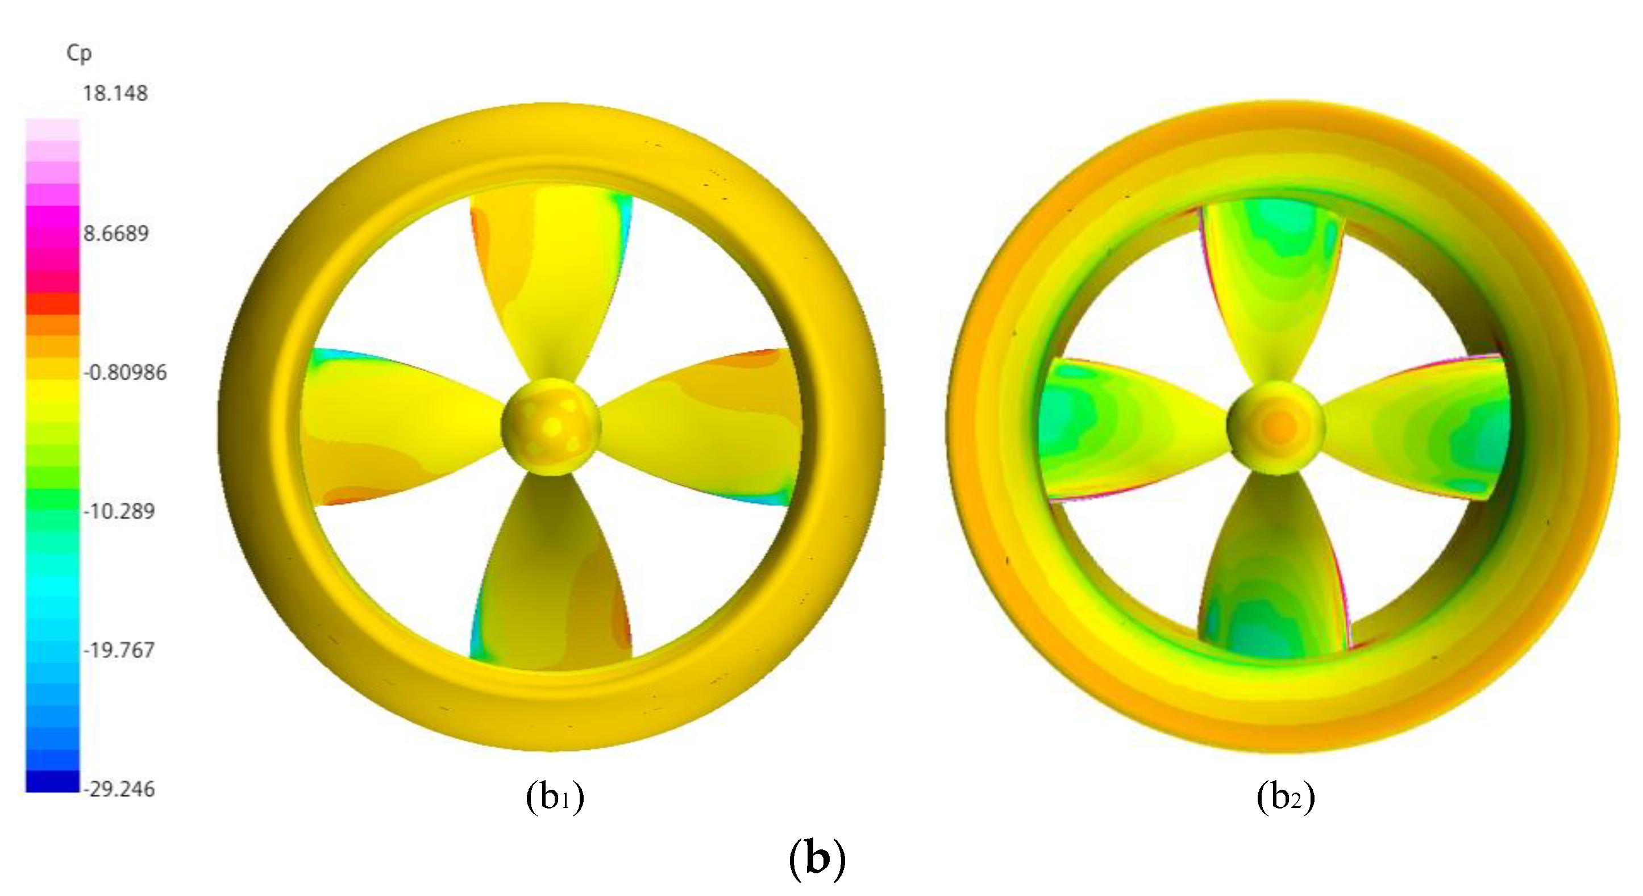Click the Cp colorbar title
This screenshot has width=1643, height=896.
79,53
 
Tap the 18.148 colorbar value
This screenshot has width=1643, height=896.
115,94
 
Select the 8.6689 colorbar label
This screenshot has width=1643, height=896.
115,234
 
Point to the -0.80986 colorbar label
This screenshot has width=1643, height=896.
125,372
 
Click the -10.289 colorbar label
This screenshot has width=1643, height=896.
119,511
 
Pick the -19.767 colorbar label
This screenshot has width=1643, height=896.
119,651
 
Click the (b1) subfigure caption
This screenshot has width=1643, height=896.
555,797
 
